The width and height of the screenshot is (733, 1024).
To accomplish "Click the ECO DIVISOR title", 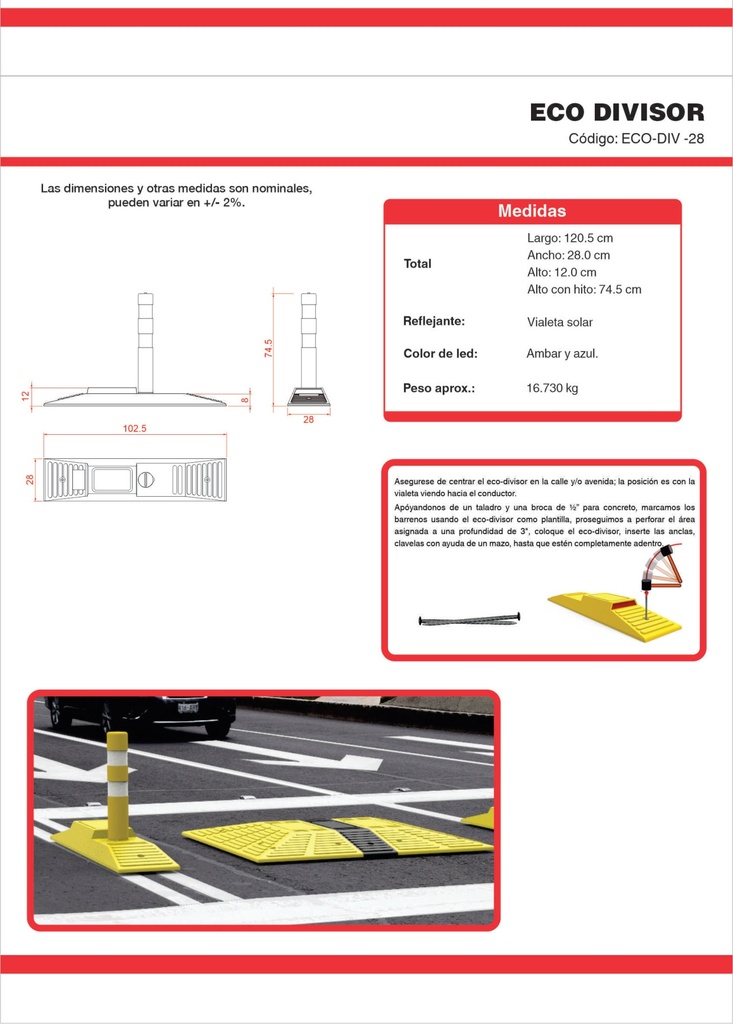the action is pos(617,112).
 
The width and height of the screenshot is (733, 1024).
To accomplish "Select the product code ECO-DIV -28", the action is pos(662,138).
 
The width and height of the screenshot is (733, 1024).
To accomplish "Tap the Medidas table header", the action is pos(532,211).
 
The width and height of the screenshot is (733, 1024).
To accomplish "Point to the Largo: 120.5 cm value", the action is pos(570,238).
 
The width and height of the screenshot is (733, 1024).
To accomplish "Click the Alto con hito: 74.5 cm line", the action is pos(584,289).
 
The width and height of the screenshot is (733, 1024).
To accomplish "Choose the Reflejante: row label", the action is pos(434,321).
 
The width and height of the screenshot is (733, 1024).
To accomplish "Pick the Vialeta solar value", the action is pos(560,322).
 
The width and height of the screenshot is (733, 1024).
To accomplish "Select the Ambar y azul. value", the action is pos(562,354).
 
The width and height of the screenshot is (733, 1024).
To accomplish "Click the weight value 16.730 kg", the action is pos(552,388).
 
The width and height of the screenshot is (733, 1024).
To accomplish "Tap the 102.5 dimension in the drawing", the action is pos(135,428).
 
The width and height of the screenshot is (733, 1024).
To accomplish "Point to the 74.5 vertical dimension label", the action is pos(269,348).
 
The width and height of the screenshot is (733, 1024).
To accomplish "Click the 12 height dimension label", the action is pos(25,396).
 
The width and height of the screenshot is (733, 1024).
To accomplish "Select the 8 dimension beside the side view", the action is pos(244,400).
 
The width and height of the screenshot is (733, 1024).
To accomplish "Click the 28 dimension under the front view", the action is pos(308,419).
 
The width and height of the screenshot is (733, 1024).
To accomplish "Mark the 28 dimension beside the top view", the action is pos(30,479).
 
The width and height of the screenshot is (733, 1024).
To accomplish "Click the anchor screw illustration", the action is pos(469,619).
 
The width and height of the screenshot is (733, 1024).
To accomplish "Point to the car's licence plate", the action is pos(188,707).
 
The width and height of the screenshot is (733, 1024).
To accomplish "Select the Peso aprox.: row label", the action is pos(438,388).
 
